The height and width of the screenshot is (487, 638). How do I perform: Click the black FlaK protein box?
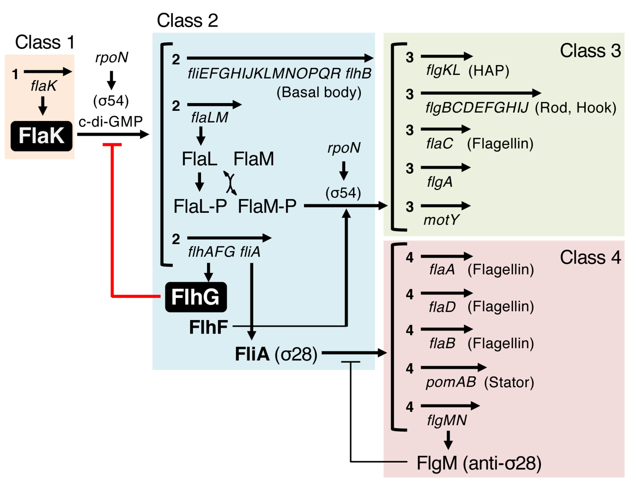pyautogui.click(x=41, y=136)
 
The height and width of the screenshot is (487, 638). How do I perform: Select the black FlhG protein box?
pyautogui.click(x=196, y=297)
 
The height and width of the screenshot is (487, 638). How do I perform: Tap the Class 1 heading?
pyautogui.click(x=45, y=42)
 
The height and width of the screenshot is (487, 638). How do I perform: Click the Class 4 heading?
pyautogui.click(x=590, y=257)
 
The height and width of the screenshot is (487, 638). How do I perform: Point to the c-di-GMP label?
pyautogui.click(x=110, y=121)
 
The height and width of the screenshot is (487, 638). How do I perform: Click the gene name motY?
pyautogui.click(x=441, y=220)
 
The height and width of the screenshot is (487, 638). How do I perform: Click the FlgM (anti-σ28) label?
pyautogui.click(x=479, y=463)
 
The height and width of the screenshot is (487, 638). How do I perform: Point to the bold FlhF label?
pyautogui.click(x=208, y=327)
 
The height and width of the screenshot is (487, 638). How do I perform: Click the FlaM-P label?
pyautogui.click(x=267, y=206)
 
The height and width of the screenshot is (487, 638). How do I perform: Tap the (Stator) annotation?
pyautogui.click(x=509, y=382)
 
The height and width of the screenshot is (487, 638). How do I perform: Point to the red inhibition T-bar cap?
pyautogui.click(x=112, y=145)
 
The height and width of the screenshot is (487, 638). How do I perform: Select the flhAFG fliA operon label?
pyautogui.click(x=224, y=251)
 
